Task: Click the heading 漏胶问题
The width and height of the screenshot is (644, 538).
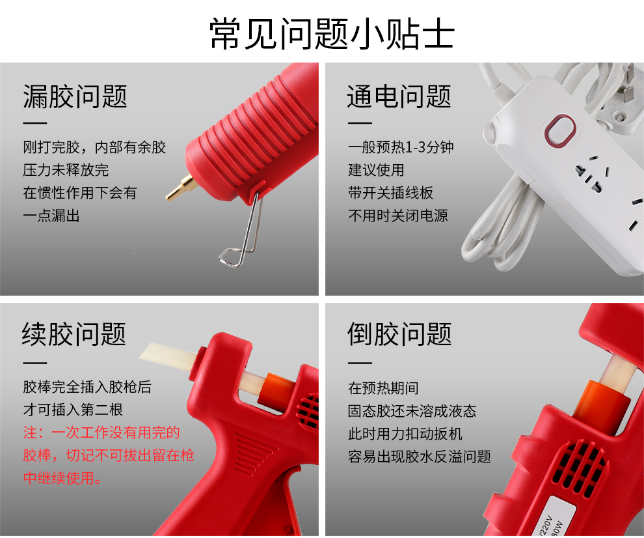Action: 75,97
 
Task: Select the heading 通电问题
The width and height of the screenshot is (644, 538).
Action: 399,97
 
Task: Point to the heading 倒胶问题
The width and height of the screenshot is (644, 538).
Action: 399,334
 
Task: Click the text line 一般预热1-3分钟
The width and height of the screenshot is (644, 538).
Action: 401,147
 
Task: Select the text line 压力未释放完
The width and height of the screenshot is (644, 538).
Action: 66,170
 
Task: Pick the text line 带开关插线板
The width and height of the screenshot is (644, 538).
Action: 390,193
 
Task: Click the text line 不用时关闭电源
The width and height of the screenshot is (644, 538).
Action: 398,216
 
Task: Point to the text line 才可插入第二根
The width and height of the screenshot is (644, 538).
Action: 73,410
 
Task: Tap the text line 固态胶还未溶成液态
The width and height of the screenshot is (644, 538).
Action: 412,411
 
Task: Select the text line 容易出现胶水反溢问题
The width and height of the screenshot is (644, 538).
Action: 420,457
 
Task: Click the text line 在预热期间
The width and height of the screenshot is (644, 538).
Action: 383,388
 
